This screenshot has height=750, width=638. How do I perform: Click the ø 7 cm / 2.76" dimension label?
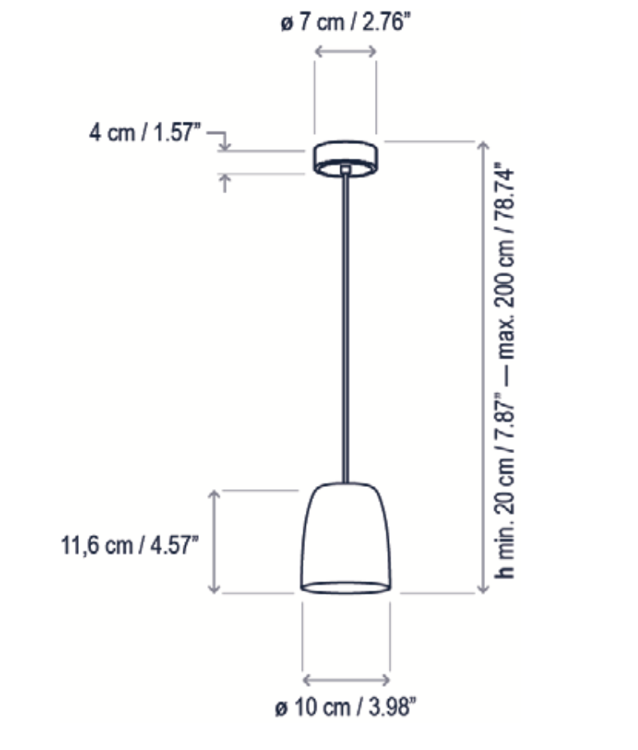(x=345, y=23)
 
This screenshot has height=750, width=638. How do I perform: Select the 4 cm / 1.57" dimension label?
(x=144, y=132)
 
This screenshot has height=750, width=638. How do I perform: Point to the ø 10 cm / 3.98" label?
(x=346, y=707)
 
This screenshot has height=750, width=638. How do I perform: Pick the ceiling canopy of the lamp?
(x=345, y=157)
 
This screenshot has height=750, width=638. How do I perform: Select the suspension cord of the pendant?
(x=345, y=329)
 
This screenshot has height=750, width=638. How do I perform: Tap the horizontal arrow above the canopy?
(x=345, y=52)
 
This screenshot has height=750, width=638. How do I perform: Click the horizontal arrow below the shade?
(x=346, y=680)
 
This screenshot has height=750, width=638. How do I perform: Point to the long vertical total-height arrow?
(x=483, y=366)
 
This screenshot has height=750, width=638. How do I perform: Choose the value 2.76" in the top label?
(x=381, y=23)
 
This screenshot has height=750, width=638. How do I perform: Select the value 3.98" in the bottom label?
(x=390, y=707)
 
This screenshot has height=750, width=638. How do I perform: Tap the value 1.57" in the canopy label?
(x=176, y=132)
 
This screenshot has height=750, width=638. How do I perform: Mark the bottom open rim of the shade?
(x=345, y=586)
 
